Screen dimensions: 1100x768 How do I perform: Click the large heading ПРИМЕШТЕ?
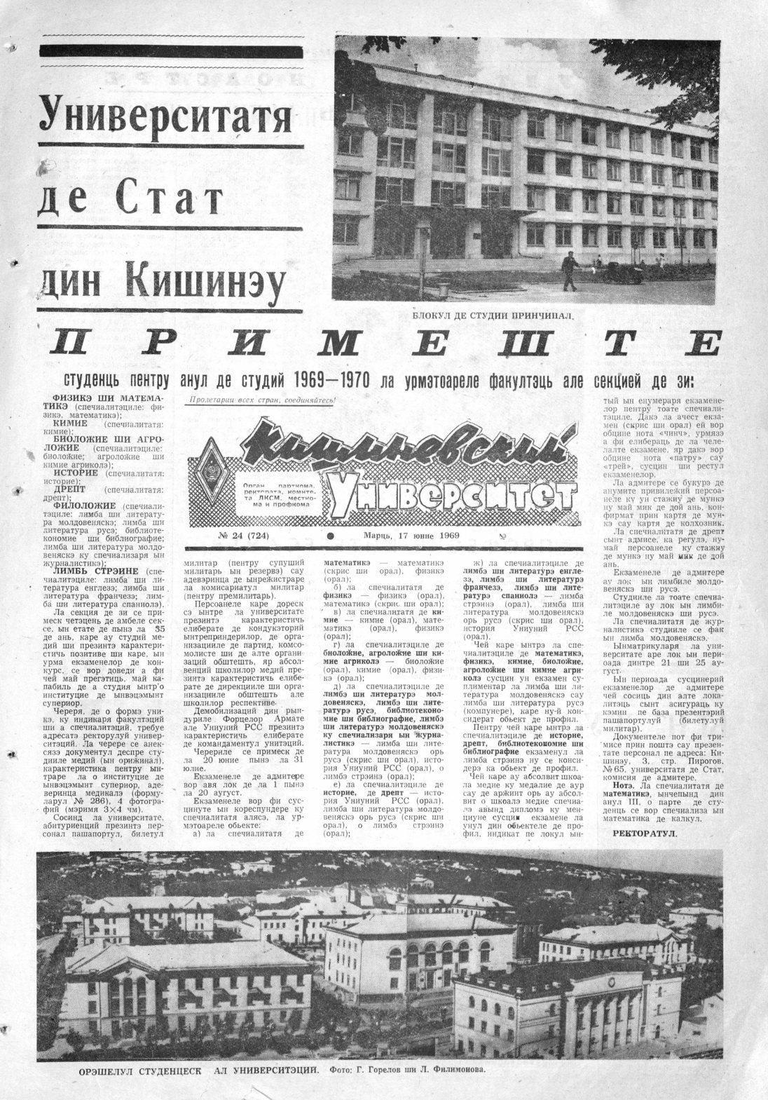(x=385, y=345)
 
